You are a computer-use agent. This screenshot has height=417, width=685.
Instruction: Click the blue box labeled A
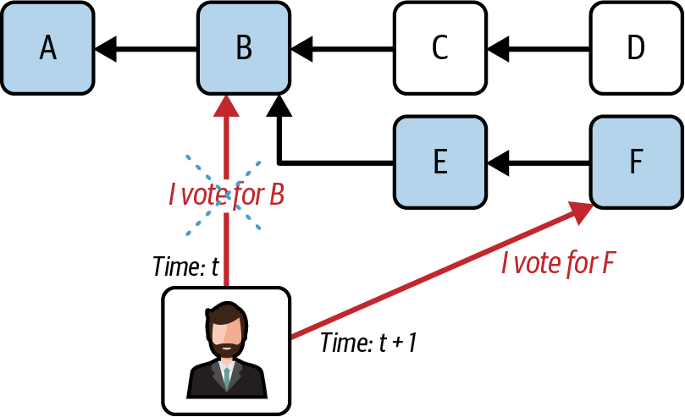(47, 48)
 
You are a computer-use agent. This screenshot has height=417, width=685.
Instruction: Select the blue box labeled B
(244, 48)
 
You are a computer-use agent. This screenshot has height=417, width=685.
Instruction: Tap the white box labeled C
(439, 48)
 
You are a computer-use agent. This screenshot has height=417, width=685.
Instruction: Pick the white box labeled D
(636, 48)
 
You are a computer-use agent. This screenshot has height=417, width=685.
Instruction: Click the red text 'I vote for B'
(226, 195)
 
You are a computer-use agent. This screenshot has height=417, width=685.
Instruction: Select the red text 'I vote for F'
(557, 264)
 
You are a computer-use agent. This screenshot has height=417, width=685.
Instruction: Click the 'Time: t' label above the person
(185, 267)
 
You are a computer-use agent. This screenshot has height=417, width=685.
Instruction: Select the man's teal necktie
(226, 377)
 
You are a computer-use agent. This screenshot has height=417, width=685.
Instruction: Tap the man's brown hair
(226, 312)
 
